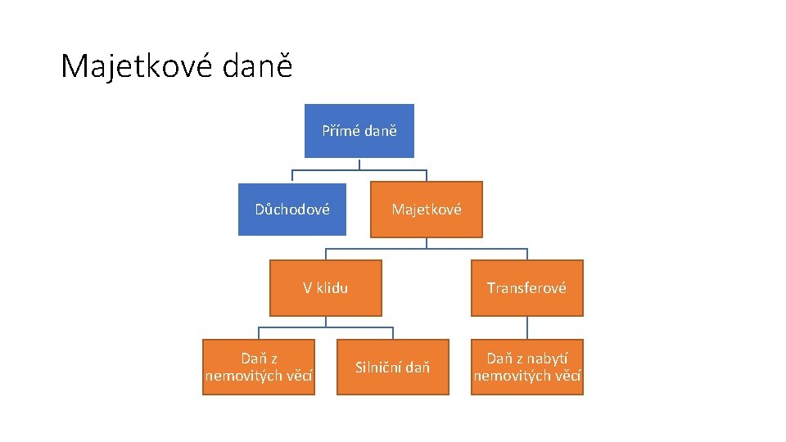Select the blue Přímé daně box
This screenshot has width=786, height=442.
(359, 131)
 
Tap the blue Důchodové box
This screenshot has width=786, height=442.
(292, 209)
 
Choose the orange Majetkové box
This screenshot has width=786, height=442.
(427, 209)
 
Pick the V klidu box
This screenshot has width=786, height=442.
(326, 287)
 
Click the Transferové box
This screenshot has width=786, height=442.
(526, 287)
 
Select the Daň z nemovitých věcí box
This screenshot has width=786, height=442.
(259, 367)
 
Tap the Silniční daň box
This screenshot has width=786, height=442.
(393, 367)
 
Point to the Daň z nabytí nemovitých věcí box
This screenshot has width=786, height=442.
(526, 367)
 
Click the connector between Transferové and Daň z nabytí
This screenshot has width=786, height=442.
(527, 327)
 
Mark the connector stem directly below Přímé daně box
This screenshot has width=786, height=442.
(359, 164)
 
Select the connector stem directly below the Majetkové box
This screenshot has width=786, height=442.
(427, 242)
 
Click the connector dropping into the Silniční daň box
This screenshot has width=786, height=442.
(393, 333)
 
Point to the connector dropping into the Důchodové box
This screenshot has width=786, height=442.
(293, 175)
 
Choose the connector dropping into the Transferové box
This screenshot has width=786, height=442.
(527, 254)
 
